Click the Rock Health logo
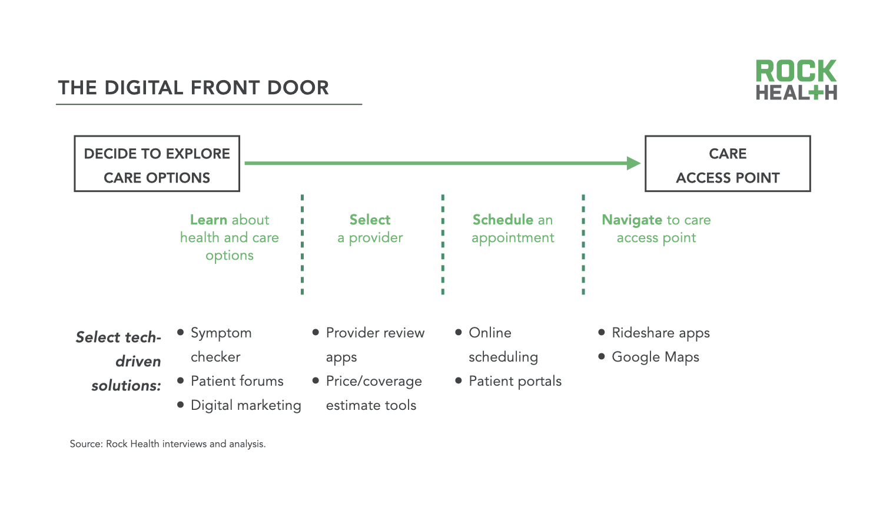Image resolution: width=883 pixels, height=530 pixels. [796, 79]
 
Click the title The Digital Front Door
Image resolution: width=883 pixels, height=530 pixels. [193, 88]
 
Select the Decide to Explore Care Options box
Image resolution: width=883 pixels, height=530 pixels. [157, 164]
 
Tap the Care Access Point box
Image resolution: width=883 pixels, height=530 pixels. [728, 164]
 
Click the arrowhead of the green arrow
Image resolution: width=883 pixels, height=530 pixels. [633, 163]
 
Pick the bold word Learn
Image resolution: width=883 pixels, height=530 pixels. [208, 220]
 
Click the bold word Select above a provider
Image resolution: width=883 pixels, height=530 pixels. [370, 220]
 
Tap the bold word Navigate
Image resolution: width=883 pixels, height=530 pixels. [632, 220]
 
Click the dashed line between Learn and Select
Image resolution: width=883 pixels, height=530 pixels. [302, 244]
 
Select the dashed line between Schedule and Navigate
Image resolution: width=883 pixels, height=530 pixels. [583, 244]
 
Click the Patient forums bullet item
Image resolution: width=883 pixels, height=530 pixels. [237, 381]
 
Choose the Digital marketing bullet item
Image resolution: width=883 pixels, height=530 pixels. [245, 405]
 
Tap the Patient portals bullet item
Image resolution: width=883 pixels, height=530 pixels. [514, 381]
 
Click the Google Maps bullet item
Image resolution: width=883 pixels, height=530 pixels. [655, 357]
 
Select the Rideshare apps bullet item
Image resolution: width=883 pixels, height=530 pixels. [660, 333]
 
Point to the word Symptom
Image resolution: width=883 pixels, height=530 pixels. [221, 333]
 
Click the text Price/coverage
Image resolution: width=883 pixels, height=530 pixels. [374, 381]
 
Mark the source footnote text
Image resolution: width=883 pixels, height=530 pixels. [168, 444]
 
